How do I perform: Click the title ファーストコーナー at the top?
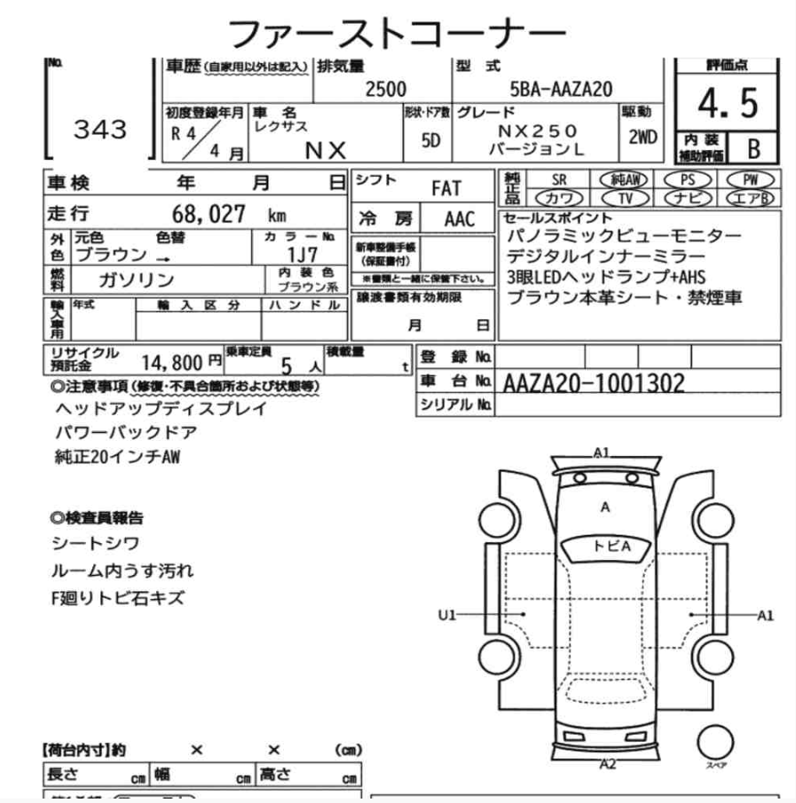397,33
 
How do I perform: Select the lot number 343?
99,130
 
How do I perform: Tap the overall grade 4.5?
728,104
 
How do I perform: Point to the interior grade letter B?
754,146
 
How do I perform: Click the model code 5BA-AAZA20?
560,89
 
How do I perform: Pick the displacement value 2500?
386,89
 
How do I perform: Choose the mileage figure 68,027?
203,215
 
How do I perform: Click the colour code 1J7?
303,255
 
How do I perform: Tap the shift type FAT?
445,188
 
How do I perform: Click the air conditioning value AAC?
460,219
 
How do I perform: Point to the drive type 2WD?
642,137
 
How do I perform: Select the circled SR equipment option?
559,178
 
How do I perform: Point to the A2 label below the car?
608,763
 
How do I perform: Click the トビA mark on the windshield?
611,547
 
